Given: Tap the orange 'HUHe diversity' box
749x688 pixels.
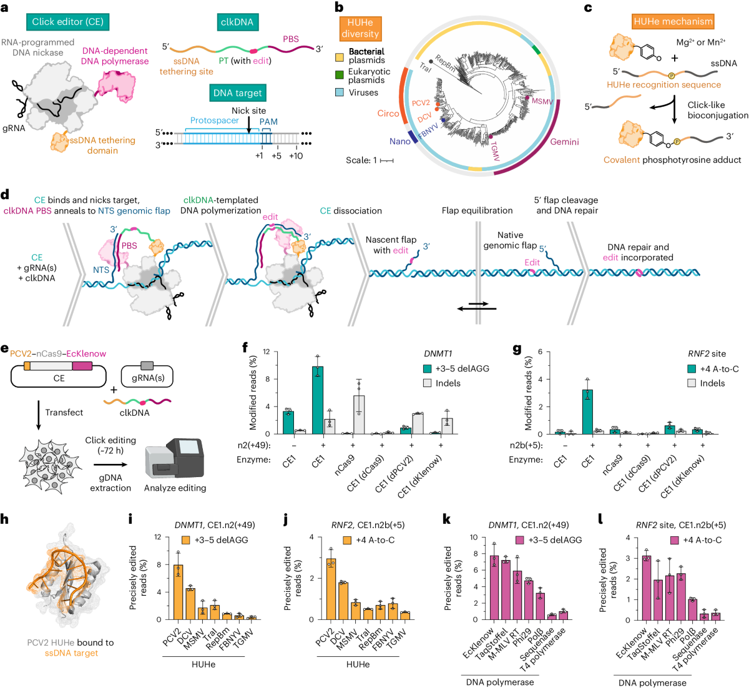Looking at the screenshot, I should (x=360, y=28).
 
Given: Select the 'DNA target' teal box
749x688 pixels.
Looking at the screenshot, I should (x=238, y=93).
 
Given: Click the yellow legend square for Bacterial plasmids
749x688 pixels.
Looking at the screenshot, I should (x=340, y=57).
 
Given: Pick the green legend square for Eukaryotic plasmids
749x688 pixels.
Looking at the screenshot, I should (x=340, y=75).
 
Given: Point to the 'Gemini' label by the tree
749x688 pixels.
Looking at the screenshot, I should (x=564, y=142).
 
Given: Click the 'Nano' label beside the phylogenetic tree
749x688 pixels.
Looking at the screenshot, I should (x=399, y=141).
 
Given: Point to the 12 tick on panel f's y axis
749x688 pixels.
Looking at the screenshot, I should (x=267, y=352).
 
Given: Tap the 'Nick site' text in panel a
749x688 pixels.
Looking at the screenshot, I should (x=248, y=111).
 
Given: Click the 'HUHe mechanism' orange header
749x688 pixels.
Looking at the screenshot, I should (x=673, y=21).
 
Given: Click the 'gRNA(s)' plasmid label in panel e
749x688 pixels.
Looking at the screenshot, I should (x=147, y=378).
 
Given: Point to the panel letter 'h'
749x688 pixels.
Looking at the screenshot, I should (x=6, y=518).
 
